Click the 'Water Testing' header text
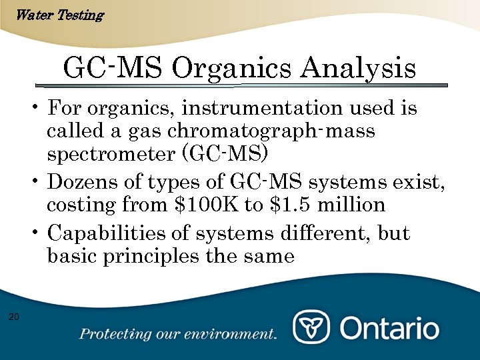(x=59, y=15)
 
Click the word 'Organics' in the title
(x=233, y=69)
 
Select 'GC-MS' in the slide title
(x=113, y=69)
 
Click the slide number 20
(x=14, y=316)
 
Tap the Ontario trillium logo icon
(x=312, y=327)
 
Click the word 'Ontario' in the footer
(x=390, y=328)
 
